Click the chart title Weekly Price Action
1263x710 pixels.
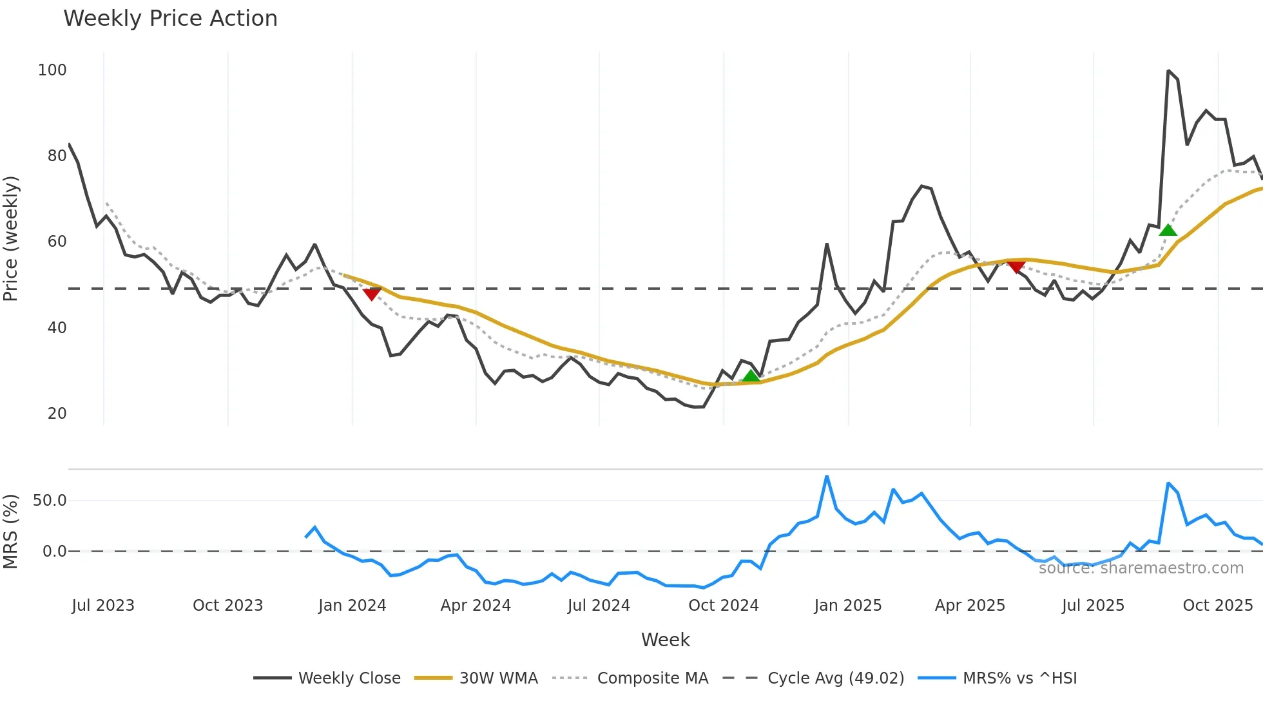click(170, 19)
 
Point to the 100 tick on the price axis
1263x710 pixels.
click(52, 70)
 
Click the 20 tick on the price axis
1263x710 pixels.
click(57, 414)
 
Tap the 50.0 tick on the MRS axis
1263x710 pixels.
click(50, 501)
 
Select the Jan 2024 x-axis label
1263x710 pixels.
click(352, 606)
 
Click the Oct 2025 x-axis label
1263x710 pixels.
click(1217, 606)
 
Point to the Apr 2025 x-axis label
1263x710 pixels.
click(970, 606)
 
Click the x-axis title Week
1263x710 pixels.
click(665, 640)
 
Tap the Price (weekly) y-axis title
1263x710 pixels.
click(11, 238)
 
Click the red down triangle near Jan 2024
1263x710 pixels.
click(372, 294)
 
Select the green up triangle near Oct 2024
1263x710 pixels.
click(751, 376)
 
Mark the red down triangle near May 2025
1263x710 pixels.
click(1016, 267)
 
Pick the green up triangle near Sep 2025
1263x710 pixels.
click(1168, 230)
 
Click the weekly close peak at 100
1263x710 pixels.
click(1168, 71)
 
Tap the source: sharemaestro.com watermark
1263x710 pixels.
click(1141, 568)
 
